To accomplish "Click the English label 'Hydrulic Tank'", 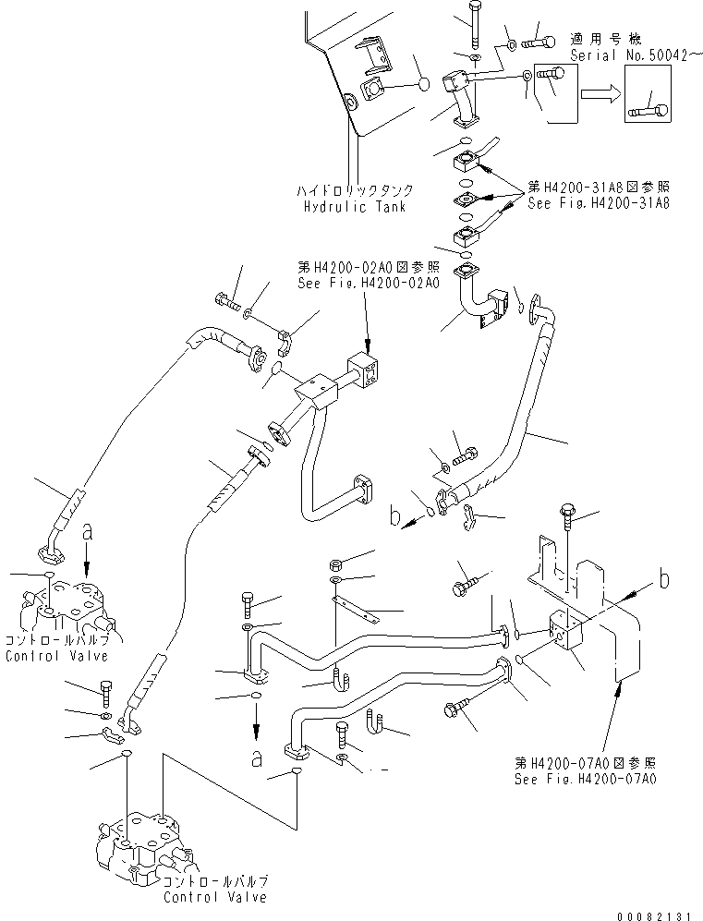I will [x=359, y=208].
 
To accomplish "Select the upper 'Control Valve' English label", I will [x=56, y=656].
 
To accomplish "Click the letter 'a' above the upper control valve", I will [x=87, y=532].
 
